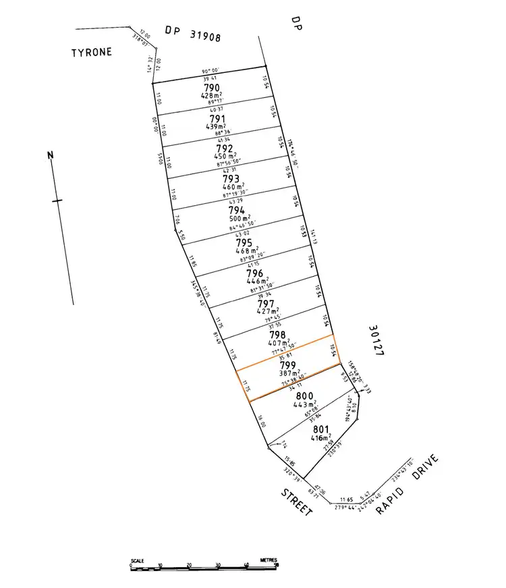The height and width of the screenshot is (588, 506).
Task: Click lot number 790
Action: click(211, 88)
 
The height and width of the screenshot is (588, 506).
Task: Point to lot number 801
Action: click(320, 429)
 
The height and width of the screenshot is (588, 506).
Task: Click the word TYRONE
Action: click(92, 51)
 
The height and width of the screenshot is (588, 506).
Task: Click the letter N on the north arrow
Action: click(50, 155)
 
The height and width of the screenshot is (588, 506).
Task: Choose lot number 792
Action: click(225, 149)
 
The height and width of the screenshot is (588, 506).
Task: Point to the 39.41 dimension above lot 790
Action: click(212, 78)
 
